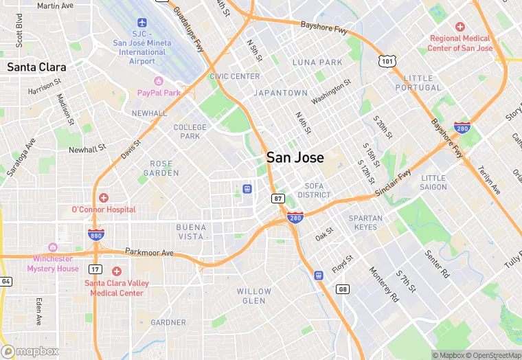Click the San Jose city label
(295, 157)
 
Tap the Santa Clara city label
(36, 67)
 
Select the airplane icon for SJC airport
(142, 24)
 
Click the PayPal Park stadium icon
(159, 81)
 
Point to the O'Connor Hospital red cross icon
(104, 198)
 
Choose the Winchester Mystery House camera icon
(53, 247)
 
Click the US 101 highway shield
(387, 62)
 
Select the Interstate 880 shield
(95, 235)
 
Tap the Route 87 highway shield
(277, 199)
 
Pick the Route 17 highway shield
(95, 269)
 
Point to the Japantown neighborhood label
(280, 93)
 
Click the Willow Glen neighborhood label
(254, 296)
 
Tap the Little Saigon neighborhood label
(433, 183)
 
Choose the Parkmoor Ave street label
(149, 253)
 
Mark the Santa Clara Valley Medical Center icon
(116, 271)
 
